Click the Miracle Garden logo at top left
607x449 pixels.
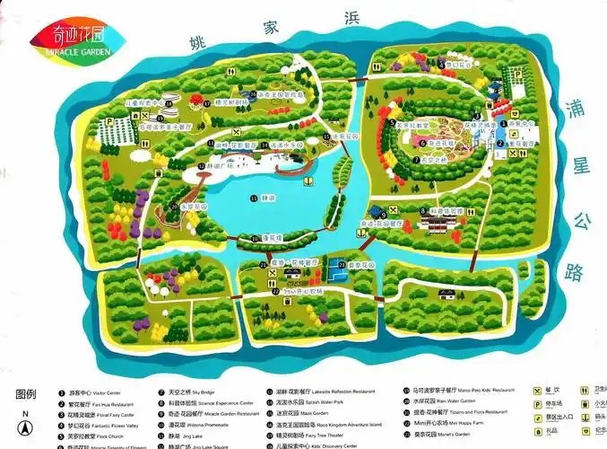66,38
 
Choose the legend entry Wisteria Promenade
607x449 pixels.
193,425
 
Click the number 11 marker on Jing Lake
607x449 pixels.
254,198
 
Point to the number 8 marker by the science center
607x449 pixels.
422,211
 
